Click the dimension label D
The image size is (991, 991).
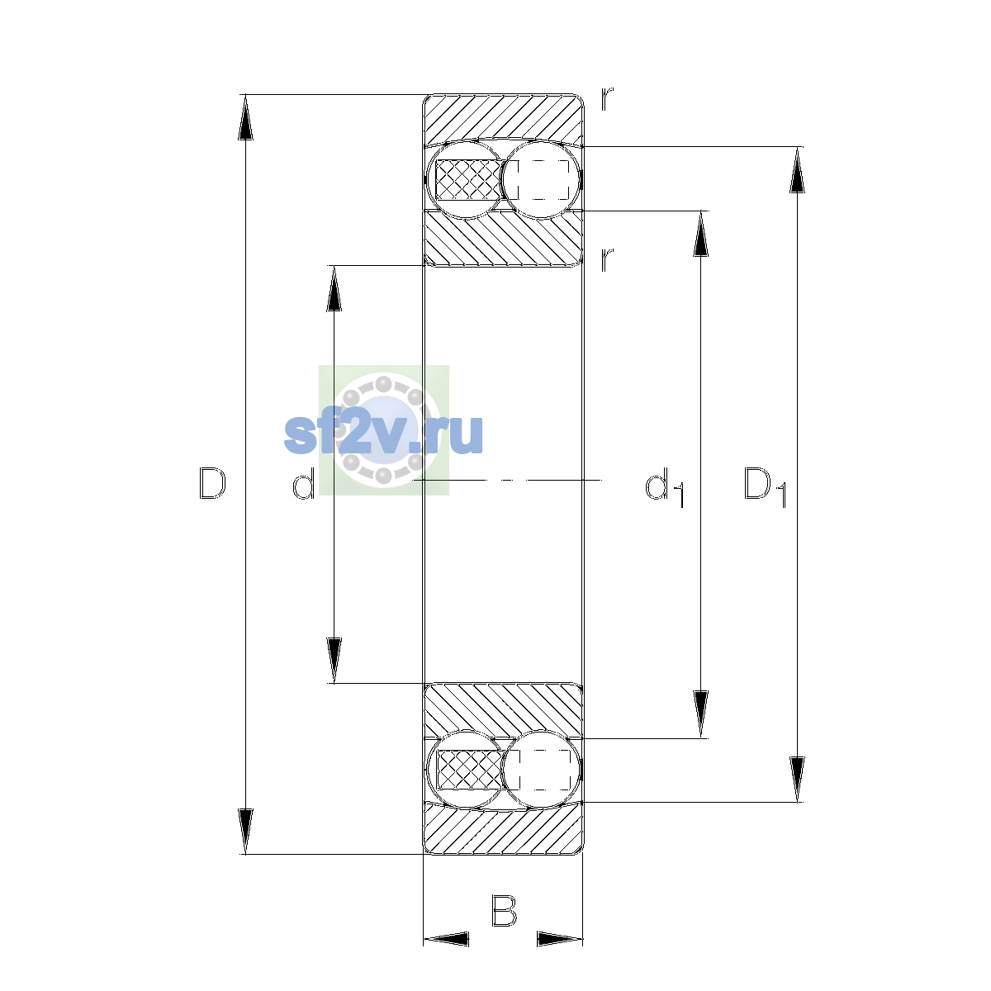(x=212, y=483)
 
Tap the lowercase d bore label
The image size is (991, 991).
(x=303, y=482)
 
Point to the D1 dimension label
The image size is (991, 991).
(x=766, y=486)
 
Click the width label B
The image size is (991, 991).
(x=504, y=911)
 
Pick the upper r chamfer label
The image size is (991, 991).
(x=607, y=99)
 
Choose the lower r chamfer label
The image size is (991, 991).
(x=607, y=259)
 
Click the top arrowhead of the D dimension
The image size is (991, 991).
(x=245, y=117)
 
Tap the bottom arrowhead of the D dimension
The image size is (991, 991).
(x=245, y=832)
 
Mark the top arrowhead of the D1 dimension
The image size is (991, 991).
(x=797, y=170)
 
